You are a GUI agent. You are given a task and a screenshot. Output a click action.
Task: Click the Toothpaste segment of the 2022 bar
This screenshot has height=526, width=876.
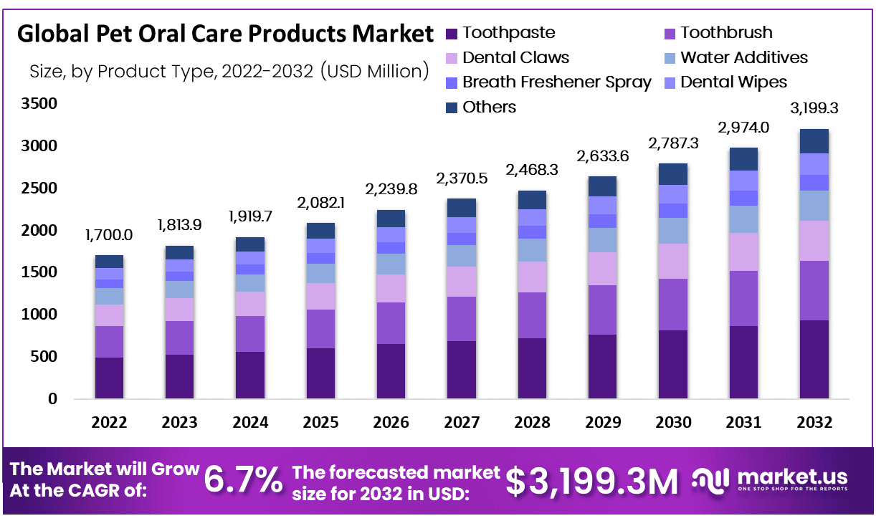pos(109,378)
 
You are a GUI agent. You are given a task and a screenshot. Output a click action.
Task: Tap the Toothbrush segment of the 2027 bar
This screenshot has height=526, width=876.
pos(461,319)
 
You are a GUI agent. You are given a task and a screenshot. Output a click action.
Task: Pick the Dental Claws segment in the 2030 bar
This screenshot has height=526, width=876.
pos(672,261)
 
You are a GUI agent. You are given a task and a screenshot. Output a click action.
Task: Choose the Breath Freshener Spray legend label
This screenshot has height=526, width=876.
pos(556,82)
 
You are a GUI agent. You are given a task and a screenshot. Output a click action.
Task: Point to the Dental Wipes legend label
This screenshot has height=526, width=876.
pos(733,82)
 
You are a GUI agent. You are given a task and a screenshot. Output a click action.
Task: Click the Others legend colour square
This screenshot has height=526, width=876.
pos(452,107)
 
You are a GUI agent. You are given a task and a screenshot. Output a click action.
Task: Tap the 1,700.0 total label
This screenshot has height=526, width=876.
pos(109,236)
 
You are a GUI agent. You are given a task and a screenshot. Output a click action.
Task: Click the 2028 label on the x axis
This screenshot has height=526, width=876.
pos(532,422)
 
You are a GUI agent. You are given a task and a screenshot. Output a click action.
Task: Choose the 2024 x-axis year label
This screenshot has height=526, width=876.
pos(249,422)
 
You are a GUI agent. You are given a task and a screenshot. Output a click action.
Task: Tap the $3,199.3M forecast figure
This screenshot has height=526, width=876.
pos(591,481)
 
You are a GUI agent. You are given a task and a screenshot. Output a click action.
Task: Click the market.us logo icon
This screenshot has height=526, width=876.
pos(711,480)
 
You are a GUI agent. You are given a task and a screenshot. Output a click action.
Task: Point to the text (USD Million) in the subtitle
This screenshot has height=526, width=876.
pos(375,71)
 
